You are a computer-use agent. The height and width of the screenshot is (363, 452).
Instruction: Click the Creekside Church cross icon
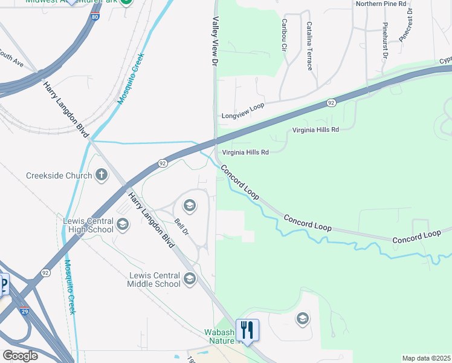102,176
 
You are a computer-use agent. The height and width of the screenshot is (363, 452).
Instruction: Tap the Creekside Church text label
59,176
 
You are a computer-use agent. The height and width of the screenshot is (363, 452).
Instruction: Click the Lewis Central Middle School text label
154,280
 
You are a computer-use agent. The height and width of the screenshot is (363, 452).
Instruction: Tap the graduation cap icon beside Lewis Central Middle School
190,278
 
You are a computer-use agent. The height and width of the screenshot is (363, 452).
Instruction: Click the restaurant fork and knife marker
247,330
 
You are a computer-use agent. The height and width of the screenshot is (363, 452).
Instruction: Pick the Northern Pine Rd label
381,4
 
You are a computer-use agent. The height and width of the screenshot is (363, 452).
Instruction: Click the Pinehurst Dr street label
384,41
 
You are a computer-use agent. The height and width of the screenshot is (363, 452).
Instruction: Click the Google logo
21,356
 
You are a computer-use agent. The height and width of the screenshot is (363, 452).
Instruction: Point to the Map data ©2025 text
426,358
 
